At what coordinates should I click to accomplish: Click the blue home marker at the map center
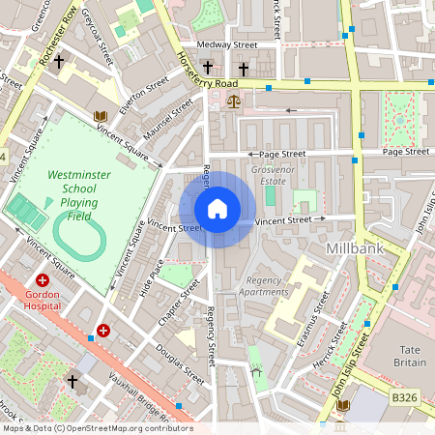coord(217,209)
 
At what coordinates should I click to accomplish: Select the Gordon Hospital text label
coord(43,299)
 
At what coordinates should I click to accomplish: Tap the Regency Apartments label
coord(264,285)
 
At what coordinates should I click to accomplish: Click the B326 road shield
coord(403,397)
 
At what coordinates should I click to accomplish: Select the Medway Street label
coord(226,44)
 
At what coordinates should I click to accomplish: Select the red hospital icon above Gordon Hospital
coord(43,279)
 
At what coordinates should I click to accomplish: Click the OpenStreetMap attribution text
coord(97,427)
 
